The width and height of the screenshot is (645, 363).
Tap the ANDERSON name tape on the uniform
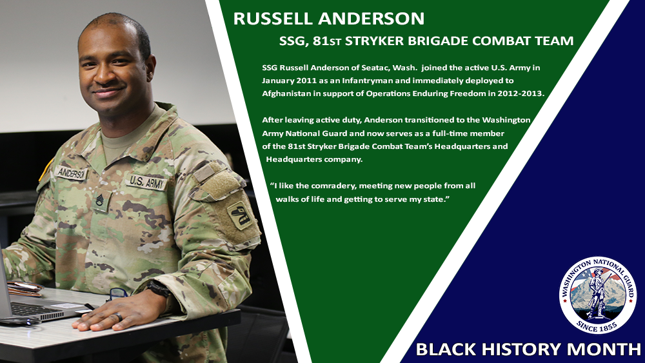[70, 173]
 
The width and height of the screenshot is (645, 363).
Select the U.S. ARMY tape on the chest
[146, 182]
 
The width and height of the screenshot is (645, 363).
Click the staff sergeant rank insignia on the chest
[100, 201]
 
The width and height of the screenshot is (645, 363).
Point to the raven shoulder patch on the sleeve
[239, 215]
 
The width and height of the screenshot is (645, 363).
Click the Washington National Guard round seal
[597, 295]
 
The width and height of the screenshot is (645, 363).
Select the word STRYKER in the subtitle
[374, 41]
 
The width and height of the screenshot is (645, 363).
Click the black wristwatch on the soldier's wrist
[159, 288]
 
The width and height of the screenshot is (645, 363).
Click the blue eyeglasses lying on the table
[118, 295]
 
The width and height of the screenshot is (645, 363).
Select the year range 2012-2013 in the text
[521, 93]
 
